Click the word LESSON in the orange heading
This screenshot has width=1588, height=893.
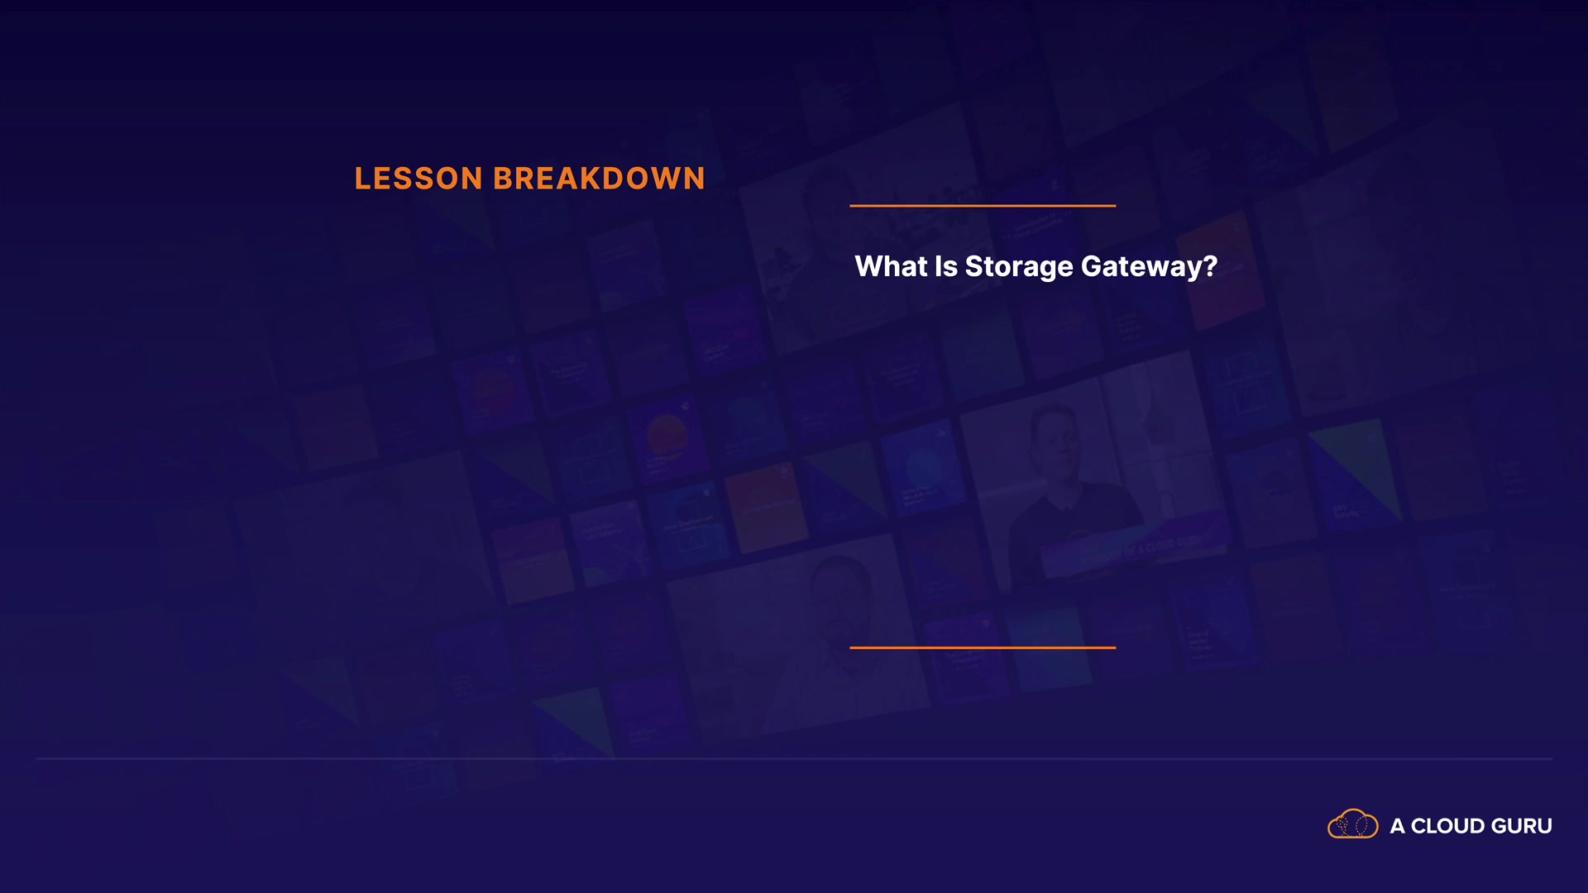[419, 179]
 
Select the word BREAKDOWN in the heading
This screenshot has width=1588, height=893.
[600, 179]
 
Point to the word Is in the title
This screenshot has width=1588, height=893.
[945, 266]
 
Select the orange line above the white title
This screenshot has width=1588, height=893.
[983, 205]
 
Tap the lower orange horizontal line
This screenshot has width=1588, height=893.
[983, 647]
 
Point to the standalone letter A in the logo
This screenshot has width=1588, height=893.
[1398, 826]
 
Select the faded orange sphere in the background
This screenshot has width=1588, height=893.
[667, 436]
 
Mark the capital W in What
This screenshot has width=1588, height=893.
[869, 266]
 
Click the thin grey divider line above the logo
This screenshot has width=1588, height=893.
[794, 758]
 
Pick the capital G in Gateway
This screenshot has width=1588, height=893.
[1092, 266]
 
